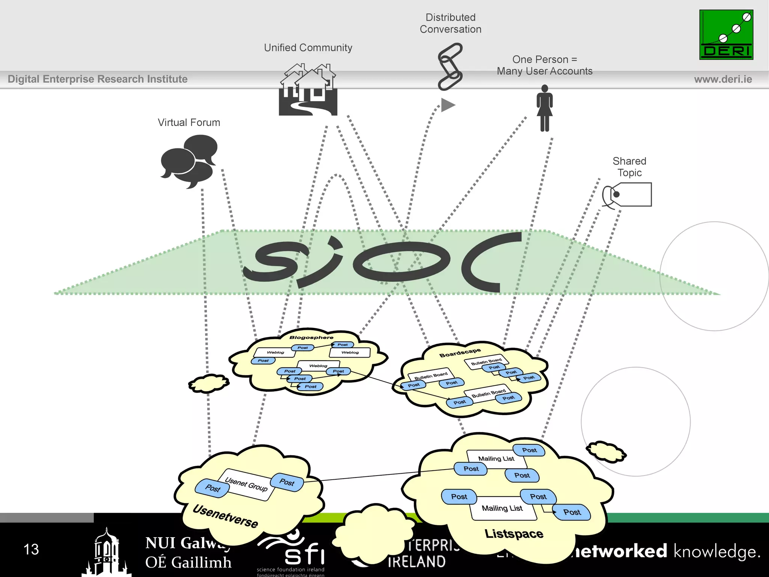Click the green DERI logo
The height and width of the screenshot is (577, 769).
coord(726,35)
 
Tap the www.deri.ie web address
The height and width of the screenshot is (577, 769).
coord(723,79)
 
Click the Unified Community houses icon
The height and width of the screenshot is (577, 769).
coord(308,91)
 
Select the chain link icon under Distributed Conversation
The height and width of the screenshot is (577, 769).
coord(450,66)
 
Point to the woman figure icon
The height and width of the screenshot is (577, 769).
coord(544,108)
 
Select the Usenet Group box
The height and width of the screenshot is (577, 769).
coord(247,485)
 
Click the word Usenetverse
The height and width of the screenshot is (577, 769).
coord(225,516)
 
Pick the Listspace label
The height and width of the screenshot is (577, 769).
coord(514,533)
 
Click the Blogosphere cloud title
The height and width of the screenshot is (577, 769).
coord(311,337)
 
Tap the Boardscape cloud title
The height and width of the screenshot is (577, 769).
coord(460,353)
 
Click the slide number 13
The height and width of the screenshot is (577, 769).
coord(31,549)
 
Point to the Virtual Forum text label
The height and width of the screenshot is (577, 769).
coord(189,122)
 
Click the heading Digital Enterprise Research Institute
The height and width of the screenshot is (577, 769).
coord(98,79)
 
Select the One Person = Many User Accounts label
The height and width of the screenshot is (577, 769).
coord(544,65)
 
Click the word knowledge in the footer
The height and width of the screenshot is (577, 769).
coord(717,551)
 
